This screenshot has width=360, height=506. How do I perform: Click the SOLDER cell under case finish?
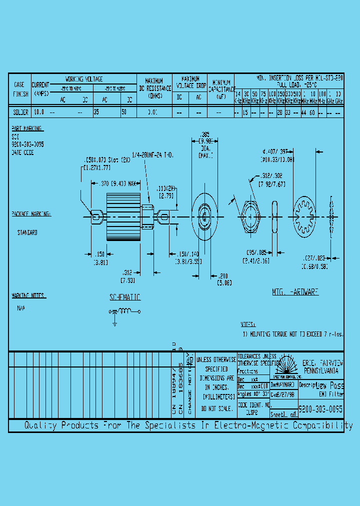point(20,112)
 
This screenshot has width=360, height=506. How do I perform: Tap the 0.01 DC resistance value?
point(152,112)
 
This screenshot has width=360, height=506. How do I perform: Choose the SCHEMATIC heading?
point(125,297)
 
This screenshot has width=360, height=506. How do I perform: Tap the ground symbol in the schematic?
point(114,322)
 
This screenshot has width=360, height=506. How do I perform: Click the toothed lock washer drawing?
point(305,216)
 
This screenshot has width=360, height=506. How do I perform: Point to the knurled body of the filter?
point(122,216)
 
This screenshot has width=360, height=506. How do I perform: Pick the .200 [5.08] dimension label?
point(222,278)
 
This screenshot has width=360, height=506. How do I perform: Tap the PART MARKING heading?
point(26,128)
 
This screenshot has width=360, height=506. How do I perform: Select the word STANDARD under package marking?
point(27,232)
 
